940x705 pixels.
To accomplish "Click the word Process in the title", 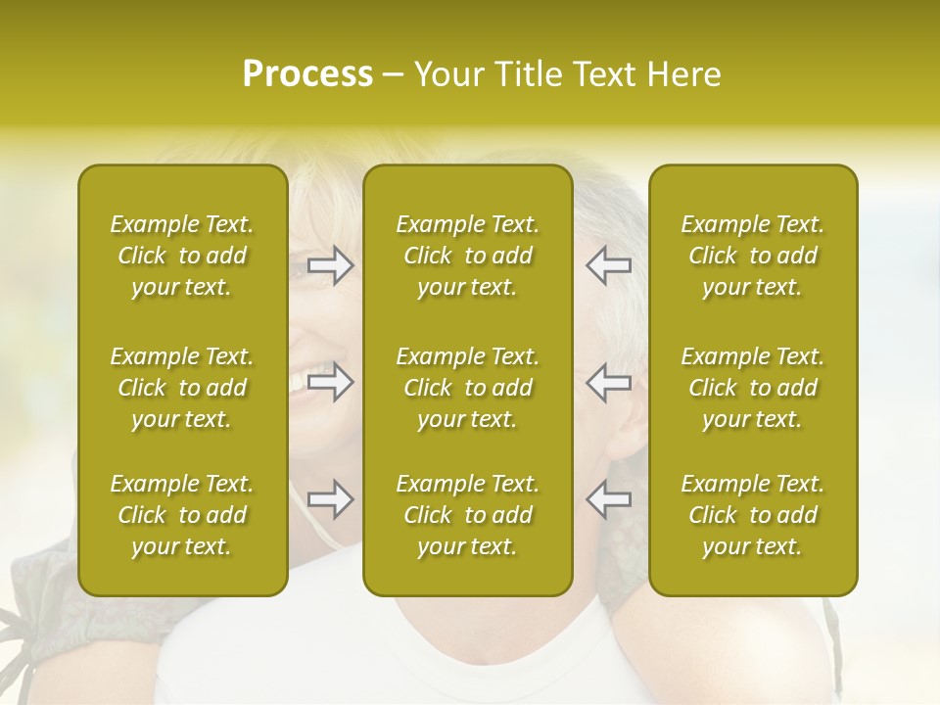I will point(307,74).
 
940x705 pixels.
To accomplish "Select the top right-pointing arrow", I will point(331,265).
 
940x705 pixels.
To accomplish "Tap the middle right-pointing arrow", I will point(331,382).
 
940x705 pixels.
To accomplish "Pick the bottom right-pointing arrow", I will point(331,499).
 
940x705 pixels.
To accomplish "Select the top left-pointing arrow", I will point(608,265).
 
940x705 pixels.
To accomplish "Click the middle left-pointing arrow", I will point(608,382).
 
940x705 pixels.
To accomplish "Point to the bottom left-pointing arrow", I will point(608,499).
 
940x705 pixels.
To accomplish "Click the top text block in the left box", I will point(182,256).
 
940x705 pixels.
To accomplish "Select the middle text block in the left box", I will point(182,388).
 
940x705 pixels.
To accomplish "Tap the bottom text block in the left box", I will point(182,515).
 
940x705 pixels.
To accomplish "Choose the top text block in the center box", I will point(468,256).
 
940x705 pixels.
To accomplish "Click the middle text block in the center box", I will point(468,388).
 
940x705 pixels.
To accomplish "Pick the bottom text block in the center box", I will point(468,515).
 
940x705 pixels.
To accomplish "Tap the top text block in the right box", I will point(753,256).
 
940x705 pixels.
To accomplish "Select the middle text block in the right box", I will point(753,388).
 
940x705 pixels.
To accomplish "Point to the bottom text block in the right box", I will point(753,515).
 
